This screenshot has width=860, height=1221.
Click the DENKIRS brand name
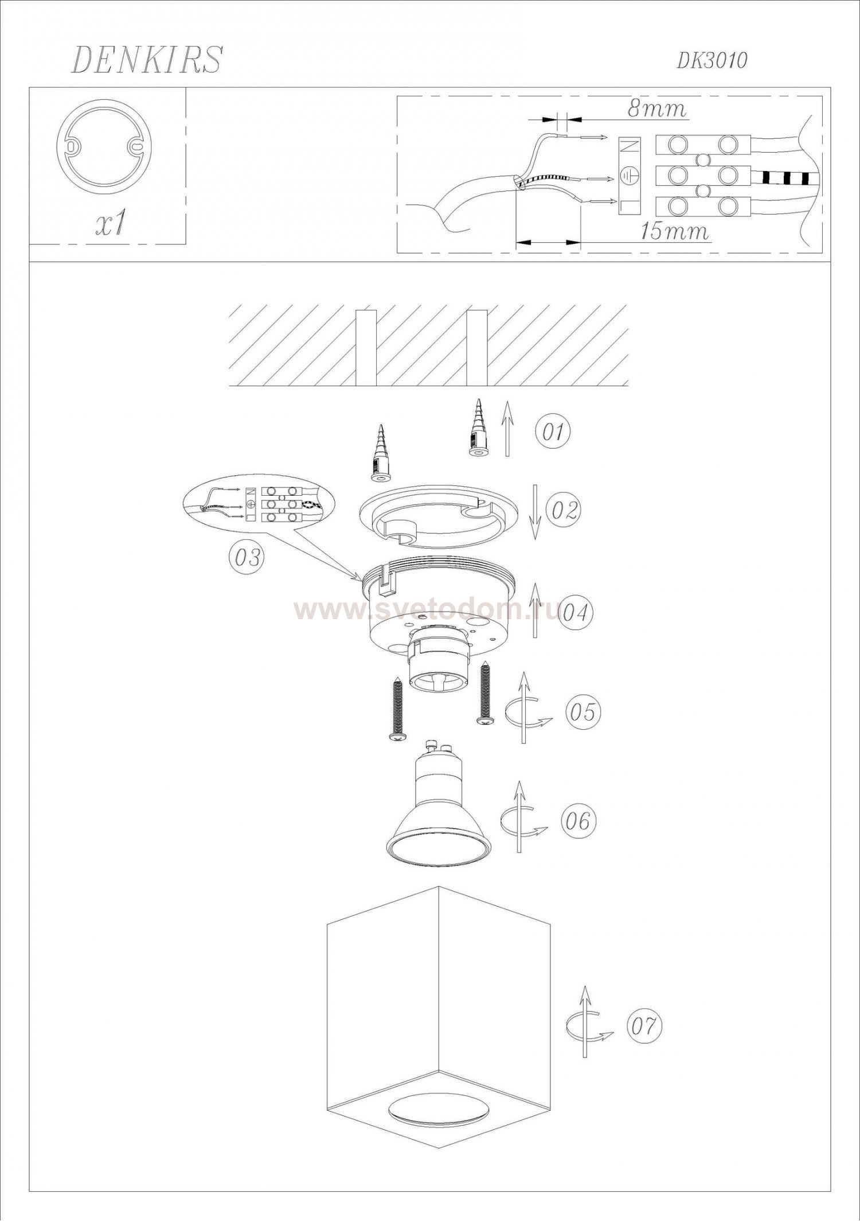tap(146, 60)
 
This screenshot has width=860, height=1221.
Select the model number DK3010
tap(712, 60)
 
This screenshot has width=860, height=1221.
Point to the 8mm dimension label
tap(656, 108)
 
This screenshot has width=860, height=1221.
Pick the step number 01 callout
tap(553, 431)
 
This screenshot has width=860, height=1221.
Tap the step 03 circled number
tap(247, 557)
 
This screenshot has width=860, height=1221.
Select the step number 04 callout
tap(574, 613)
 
